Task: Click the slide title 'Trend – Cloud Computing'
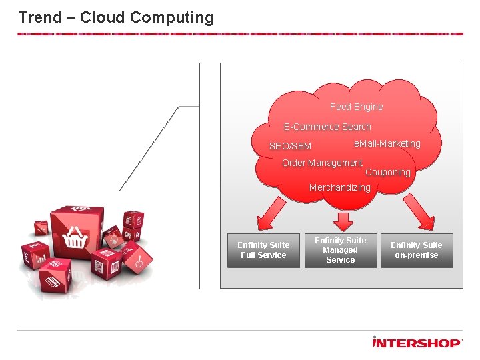116,17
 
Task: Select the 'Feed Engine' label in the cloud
356,107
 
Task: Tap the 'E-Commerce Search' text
327,127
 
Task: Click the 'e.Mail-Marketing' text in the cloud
387,143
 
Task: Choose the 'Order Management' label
322,163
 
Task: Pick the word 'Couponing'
387,173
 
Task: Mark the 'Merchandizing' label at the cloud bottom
339,188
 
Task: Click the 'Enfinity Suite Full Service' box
263,250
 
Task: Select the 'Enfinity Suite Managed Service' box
340,250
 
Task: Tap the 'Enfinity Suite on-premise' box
417,250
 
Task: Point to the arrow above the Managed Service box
344,219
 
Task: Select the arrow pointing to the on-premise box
417,214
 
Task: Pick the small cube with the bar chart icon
34,255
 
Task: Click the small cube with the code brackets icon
42,229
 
